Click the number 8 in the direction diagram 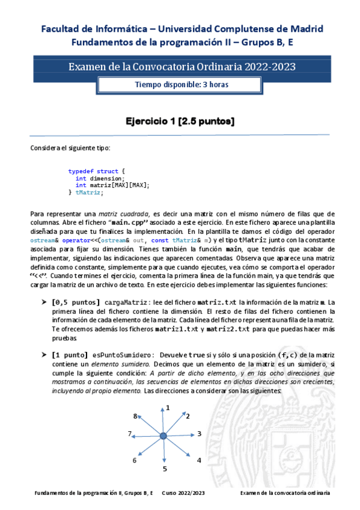[x=136, y=415]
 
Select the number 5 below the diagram [x=165, y=468]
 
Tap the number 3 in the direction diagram [x=199, y=433]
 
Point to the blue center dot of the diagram [x=163, y=435]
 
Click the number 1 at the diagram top [x=168, y=408]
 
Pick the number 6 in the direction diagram [x=135, y=460]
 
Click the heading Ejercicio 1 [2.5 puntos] [x=180, y=121]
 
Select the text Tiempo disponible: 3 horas [x=181, y=85]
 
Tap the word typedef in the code [x=81, y=171]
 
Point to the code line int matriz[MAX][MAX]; [x=112, y=185]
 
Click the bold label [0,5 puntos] [x=76, y=302]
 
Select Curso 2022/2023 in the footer [x=184, y=493]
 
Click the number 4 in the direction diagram [x=198, y=460]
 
